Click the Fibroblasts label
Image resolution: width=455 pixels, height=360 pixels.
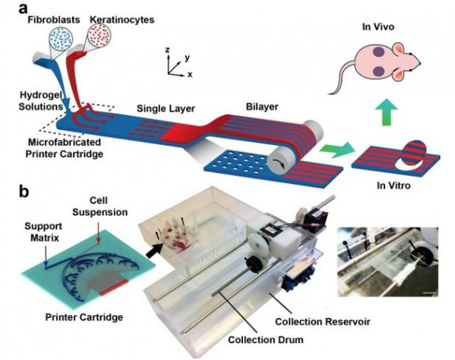pos(54,19)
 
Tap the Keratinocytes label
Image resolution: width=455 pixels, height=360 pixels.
pos(122,19)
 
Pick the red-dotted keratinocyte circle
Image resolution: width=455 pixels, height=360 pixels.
pos(99,34)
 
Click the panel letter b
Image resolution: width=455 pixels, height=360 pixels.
pos(24,191)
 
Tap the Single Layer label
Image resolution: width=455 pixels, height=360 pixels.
pos(165,109)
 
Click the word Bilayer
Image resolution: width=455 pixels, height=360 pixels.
pos(262,106)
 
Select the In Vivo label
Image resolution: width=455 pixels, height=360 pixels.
pos(378,27)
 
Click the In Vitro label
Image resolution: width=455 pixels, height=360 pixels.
pos(394,185)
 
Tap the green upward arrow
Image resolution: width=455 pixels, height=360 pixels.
pos(386,112)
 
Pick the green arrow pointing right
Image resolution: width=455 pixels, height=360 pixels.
pos(337,150)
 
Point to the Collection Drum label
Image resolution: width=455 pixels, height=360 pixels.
pos(266,339)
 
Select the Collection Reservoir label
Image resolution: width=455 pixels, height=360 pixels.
pos(323,322)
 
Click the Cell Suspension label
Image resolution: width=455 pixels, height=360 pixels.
pos(100,206)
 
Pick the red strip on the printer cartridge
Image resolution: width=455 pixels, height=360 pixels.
pos(113,288)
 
